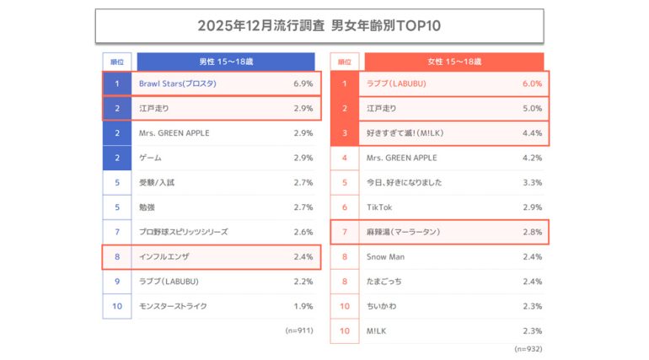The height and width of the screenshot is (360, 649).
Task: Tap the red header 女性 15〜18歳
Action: pos(454,62)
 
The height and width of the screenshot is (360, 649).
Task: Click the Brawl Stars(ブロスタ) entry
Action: pos(179,84)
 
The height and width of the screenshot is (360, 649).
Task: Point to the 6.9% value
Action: pos(303,84)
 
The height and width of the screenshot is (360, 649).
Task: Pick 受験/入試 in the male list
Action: pos(157,182)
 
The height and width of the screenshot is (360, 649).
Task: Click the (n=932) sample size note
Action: pos(529,347)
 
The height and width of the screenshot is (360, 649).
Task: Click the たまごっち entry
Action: pos(385,282)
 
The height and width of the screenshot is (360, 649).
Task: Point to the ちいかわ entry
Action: pos(383,306)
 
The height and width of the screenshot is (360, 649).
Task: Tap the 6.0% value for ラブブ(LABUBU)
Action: pos(532,84)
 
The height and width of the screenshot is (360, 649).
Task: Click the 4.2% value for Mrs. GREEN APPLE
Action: pos(532,158)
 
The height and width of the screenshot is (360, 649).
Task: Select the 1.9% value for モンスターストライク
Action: pos(303,306)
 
